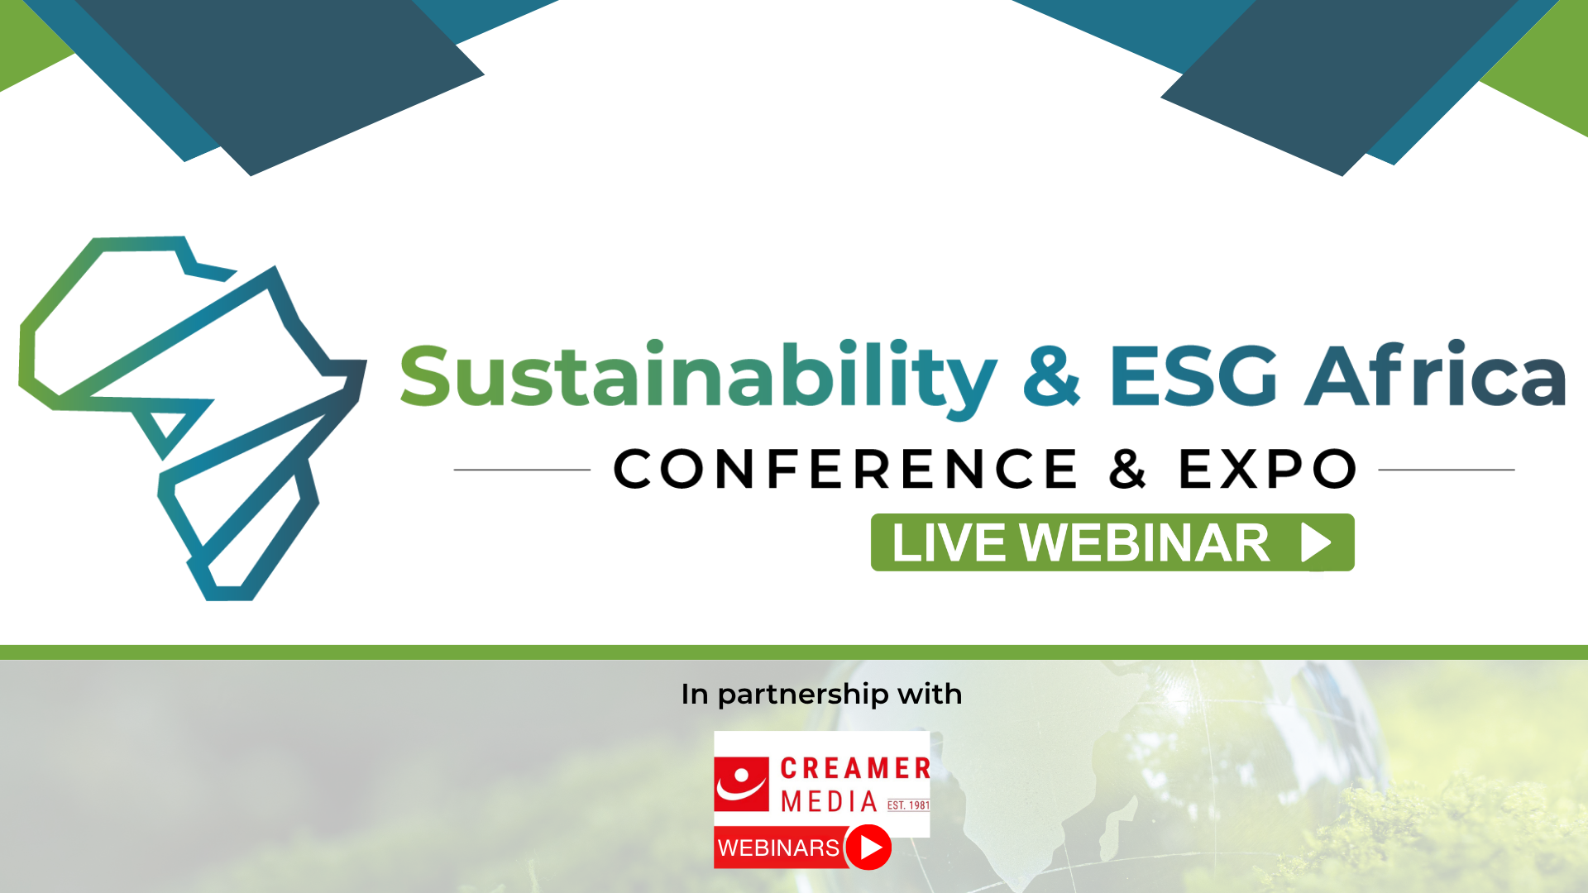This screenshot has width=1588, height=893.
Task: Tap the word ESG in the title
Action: tap(1193, 375)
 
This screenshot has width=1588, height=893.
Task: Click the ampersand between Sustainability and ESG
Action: tap(1052, 375)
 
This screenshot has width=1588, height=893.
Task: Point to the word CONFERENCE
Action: tap(845, 469)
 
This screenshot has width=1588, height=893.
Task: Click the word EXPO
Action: tap(1268, 469)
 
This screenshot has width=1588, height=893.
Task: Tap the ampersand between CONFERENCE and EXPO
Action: tap(1128, 469)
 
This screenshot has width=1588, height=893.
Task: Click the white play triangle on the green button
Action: tap(1316, 542)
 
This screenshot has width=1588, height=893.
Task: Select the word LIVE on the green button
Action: tap(949, 543)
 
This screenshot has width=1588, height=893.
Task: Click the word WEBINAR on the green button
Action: tap(1145, 543)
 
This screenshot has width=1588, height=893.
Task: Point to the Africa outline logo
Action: tap(192, 418)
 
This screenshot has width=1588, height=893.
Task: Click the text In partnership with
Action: tap(821, 695)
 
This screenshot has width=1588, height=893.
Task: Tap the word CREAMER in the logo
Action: tap(855, 768)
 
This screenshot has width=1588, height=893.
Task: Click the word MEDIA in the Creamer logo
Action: tap(829, 801)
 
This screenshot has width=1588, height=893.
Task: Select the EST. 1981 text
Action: tap(908, 805)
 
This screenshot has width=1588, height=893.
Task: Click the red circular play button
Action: tap(868, 848)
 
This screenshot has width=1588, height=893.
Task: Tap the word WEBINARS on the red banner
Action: tap(778, 848)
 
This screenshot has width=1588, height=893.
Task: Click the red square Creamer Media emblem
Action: tap(742, 784)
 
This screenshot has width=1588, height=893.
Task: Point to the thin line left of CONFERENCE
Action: tap(522, 470)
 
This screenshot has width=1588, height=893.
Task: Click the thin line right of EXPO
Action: tap(1447, 470)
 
